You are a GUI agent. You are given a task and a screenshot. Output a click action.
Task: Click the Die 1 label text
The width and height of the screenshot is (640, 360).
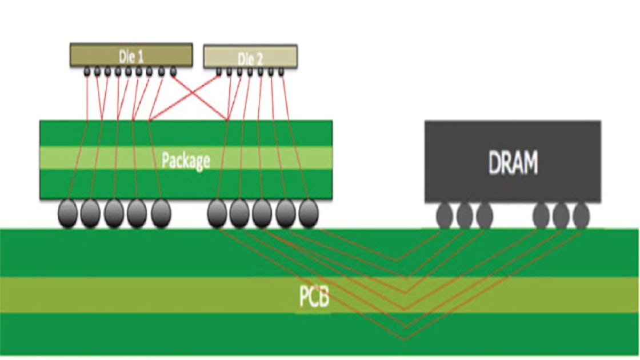point(131,57)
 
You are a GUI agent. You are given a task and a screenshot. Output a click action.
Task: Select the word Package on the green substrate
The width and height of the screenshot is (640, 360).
point(186,160)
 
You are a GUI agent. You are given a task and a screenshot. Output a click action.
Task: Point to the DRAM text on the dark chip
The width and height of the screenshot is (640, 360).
point(513,163)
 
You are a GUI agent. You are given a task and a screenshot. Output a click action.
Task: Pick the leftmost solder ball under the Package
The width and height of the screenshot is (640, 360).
point(67,214)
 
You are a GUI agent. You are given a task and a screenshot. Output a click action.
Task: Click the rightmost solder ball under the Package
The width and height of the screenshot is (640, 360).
point(308,214)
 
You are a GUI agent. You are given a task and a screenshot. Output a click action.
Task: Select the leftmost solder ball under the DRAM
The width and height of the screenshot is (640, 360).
point(445,215)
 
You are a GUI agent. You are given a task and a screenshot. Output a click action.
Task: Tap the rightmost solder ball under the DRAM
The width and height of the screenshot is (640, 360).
point(581,215)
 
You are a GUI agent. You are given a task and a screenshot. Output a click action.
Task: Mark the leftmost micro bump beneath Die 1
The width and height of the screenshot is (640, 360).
point(87,71)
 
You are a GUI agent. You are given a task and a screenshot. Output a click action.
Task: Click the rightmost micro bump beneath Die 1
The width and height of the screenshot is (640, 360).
point(173,71)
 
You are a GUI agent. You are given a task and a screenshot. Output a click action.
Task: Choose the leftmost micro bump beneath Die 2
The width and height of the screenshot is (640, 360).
point(218,71)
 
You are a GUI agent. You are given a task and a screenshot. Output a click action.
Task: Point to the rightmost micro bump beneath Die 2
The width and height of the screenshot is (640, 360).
point(281,71)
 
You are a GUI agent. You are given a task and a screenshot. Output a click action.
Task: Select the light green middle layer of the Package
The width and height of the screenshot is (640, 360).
point(114,158)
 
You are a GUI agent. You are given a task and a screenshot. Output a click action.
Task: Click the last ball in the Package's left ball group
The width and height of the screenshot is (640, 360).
point(161,214)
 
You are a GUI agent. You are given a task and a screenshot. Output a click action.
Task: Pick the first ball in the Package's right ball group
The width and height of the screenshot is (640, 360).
point(217,214)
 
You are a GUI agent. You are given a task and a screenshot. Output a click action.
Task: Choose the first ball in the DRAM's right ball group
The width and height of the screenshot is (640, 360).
point(541,215)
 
